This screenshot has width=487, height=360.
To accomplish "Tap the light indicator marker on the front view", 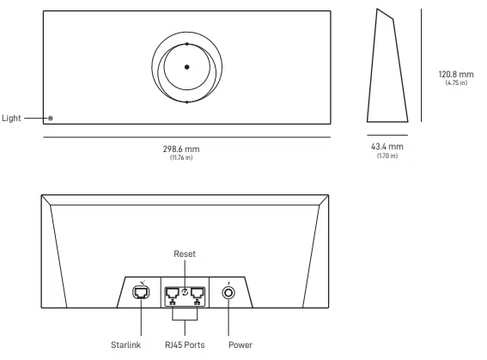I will pyautogui.click(x=50, y=118).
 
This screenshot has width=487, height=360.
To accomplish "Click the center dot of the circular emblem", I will pyautogui.click(x=186, y=67).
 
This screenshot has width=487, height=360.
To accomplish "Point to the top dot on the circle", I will pyautogui.click(x=186, y=43).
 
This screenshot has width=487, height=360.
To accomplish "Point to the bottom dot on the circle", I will pyautogui.click(x=186, y=101).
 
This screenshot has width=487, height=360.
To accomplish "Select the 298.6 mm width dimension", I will pyautogui.click(x=186, y=149).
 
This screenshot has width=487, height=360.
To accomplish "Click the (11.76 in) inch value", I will pyautogui.click(x=186, y=157).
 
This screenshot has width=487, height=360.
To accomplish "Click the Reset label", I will pyautogui.click(x=185, y=254).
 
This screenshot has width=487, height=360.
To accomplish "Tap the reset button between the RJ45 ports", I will pyautogui.click(x=185, y=281).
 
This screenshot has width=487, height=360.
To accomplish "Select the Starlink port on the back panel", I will pyautogui.click(x=141, y=292).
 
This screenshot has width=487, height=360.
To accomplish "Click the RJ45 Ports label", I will pyautogui.click(x=185, y=346).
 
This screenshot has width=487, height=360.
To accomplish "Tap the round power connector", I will pyautogui.click(x=229, y=292).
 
